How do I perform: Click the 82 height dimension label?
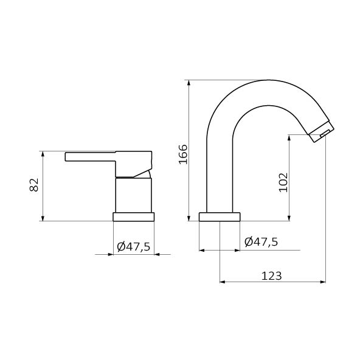point(34,185)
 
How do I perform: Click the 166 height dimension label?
point(183,154)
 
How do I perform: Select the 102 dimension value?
point(283,182)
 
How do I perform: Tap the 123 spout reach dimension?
point(272,275)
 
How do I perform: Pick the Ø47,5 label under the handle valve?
point(133,246)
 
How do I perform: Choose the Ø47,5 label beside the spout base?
point(261,241)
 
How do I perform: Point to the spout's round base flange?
point(220,217)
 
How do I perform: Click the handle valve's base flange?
point(133,217)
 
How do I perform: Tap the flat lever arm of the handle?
point(90,156)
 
